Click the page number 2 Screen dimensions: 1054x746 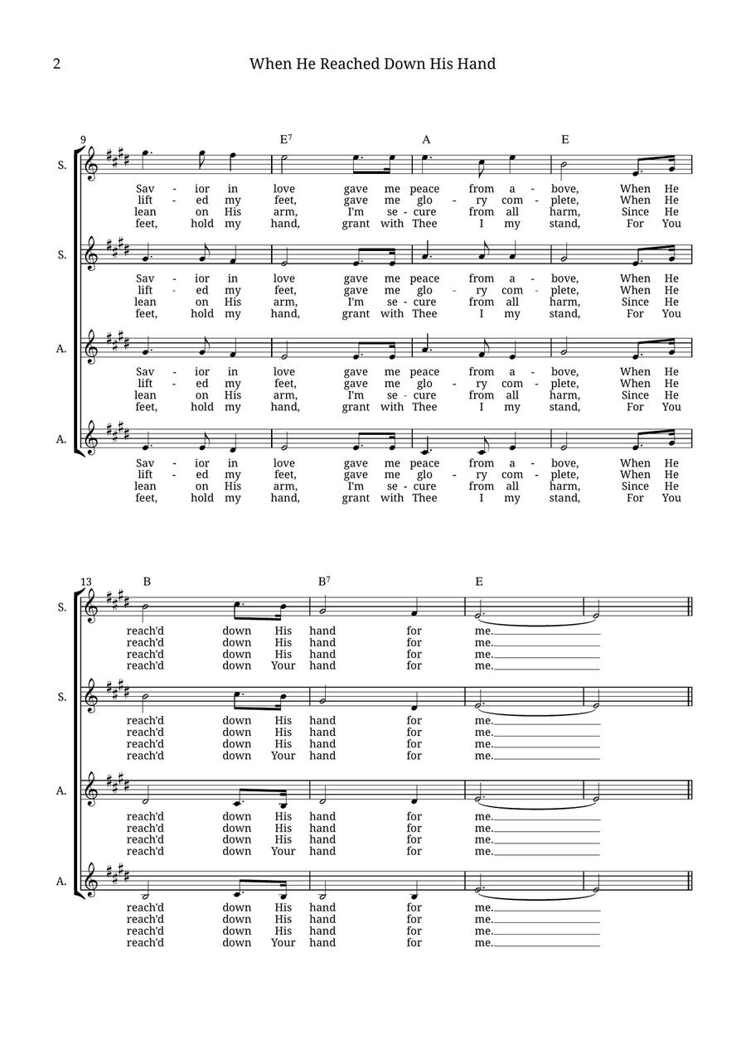(56, 65)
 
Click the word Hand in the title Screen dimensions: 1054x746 (475, 64)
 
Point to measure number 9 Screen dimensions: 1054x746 (83, 140)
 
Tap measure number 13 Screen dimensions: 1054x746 (87, 582)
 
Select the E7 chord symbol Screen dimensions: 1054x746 (285, 139)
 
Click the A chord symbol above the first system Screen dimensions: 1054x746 (426, 139)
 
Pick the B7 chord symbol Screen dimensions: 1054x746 (324, 581)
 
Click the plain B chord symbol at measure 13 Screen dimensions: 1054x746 (147, 582)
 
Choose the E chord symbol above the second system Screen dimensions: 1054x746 (479, 582)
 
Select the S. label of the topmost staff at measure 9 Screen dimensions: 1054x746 (62, 165)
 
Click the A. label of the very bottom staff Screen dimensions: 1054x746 (61, 882)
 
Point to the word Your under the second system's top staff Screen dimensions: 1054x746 (283, 665)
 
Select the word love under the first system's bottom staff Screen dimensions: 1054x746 (283, 463)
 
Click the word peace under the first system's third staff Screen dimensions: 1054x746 (424, 371)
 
